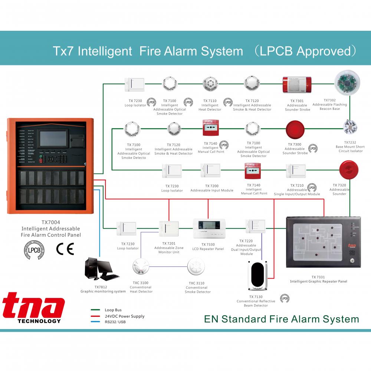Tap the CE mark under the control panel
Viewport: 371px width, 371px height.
pyautogui.click(x=65, y=248)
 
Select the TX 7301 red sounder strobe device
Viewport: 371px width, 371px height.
pyautogui.click(x=297, y=85)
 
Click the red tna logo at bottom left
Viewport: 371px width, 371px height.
pyautogui.click(x=34, y=306)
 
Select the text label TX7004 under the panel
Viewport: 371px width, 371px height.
pyautogui.click(x=51, y=223)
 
